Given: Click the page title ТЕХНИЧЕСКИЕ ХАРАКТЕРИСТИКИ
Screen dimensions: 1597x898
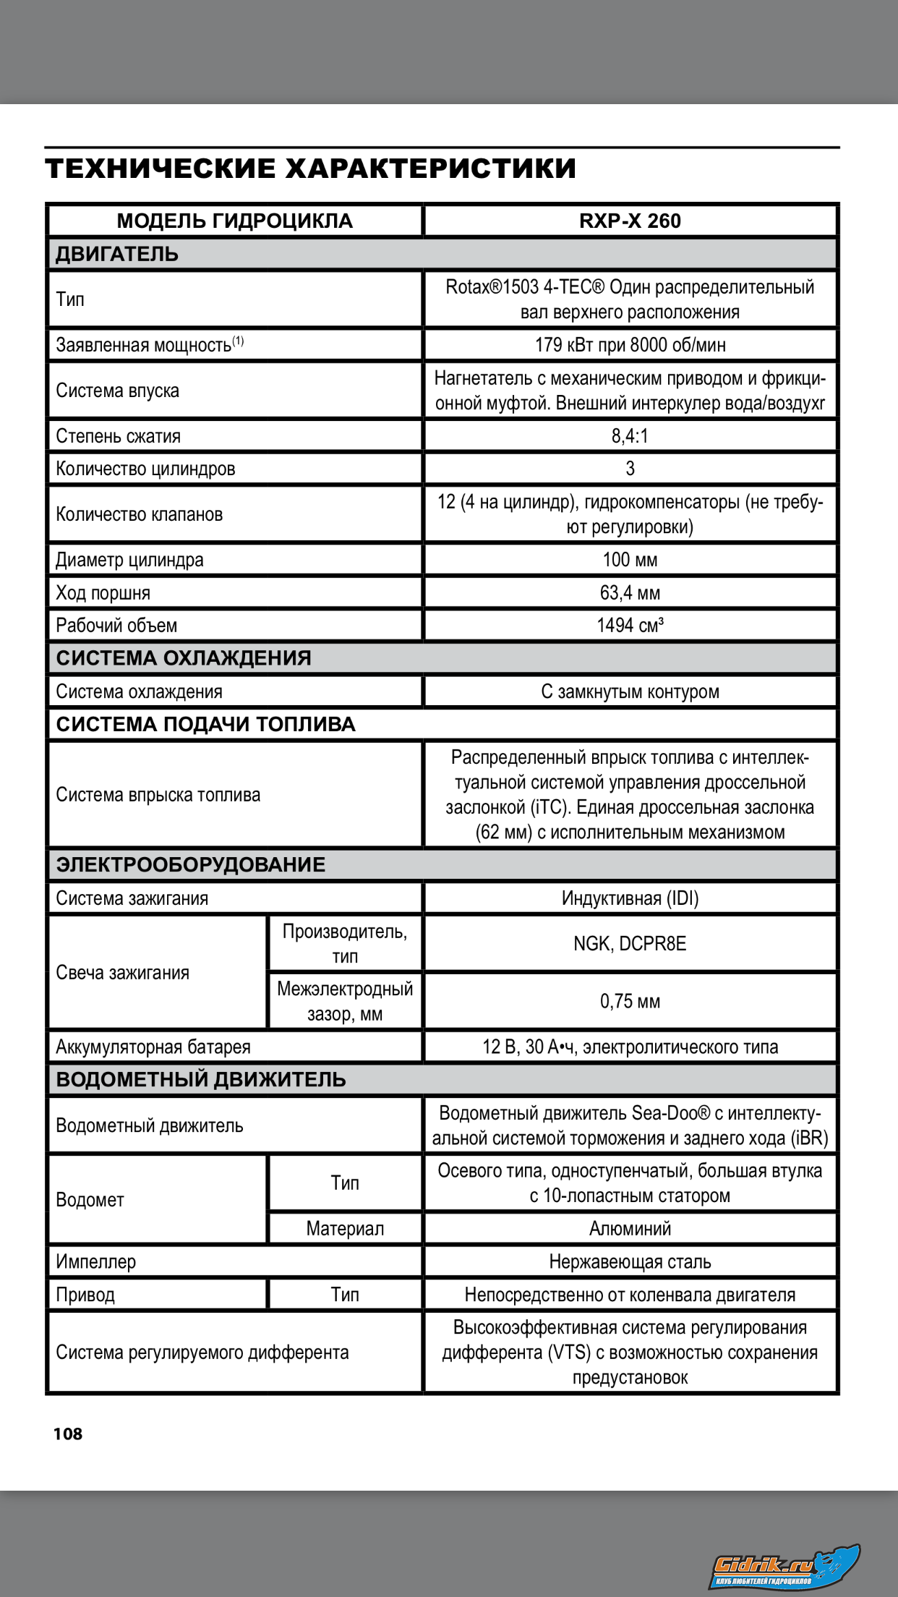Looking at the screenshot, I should (x=310, y=169).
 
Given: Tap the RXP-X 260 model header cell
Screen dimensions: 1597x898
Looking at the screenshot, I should (x=630, y=221).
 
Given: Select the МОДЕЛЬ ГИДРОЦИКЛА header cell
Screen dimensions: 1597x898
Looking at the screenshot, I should (x=234, y=221).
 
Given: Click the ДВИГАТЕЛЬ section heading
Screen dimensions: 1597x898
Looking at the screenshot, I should (x=117, y=254).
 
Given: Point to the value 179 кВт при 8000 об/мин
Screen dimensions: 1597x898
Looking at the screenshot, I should (x=630, y=345).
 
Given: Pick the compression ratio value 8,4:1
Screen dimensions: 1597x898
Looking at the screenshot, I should (x=630, y=436).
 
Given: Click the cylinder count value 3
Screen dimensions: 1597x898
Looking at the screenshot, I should (x=630, y=469).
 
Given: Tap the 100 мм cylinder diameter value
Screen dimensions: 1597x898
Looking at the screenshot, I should (x=630, y=560).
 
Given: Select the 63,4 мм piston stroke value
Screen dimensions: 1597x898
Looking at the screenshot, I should (x=630, y=593).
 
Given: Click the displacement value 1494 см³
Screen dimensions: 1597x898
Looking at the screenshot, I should (x=630, y=626).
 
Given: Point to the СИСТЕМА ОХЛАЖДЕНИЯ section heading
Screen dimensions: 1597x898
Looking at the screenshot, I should (x=184, y=658).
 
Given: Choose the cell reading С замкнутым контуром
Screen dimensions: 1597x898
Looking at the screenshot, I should (x=630, y=691).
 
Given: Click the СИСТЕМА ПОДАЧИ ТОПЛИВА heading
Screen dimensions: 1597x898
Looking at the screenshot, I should (x=206, y=725).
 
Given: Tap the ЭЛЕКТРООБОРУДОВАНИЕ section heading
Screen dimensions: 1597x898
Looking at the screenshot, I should (x=191, y=865).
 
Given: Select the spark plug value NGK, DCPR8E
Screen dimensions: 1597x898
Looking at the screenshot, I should (x=630, y=944).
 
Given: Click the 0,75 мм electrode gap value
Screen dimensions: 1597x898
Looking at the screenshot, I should (x=630, y=1002).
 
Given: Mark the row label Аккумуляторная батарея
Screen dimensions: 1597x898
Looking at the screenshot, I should (x=153, y=1047).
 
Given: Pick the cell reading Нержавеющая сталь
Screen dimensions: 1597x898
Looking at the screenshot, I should (x=630, y=1262).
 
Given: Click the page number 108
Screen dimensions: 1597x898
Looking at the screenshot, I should (x=68, y=1434).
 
